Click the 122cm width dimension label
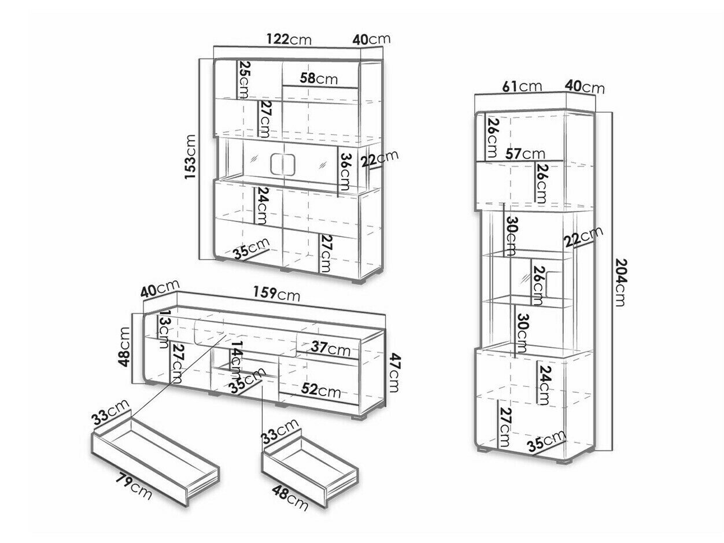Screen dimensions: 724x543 289,39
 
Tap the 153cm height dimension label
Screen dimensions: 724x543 191,157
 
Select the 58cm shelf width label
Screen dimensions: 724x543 319,79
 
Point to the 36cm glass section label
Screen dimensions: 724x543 345,172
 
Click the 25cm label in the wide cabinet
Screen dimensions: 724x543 243,80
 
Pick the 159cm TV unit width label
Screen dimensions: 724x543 277,293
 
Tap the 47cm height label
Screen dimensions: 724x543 394,373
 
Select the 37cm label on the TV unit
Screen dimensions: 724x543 331,349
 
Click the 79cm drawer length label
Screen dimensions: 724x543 134,487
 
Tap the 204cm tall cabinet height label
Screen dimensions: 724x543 620,283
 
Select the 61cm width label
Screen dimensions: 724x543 522,86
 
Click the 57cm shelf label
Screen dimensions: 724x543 524,154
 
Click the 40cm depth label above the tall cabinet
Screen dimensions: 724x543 585,87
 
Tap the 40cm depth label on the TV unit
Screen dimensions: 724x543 160,289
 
